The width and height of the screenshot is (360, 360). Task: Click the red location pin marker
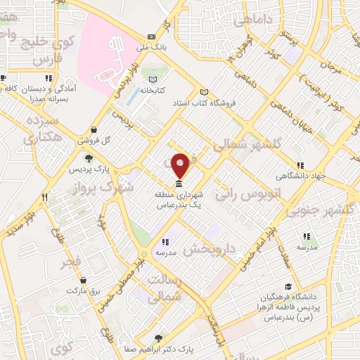(181, 165)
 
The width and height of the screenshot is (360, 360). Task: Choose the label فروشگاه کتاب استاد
(204, 103)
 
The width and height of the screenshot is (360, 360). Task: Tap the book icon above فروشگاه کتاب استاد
(205, 92)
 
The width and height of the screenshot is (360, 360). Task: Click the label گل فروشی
(96, 140)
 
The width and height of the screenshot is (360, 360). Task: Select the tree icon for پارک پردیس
(88, 158)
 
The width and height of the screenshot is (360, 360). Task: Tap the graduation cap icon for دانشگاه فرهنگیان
(288, 286)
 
